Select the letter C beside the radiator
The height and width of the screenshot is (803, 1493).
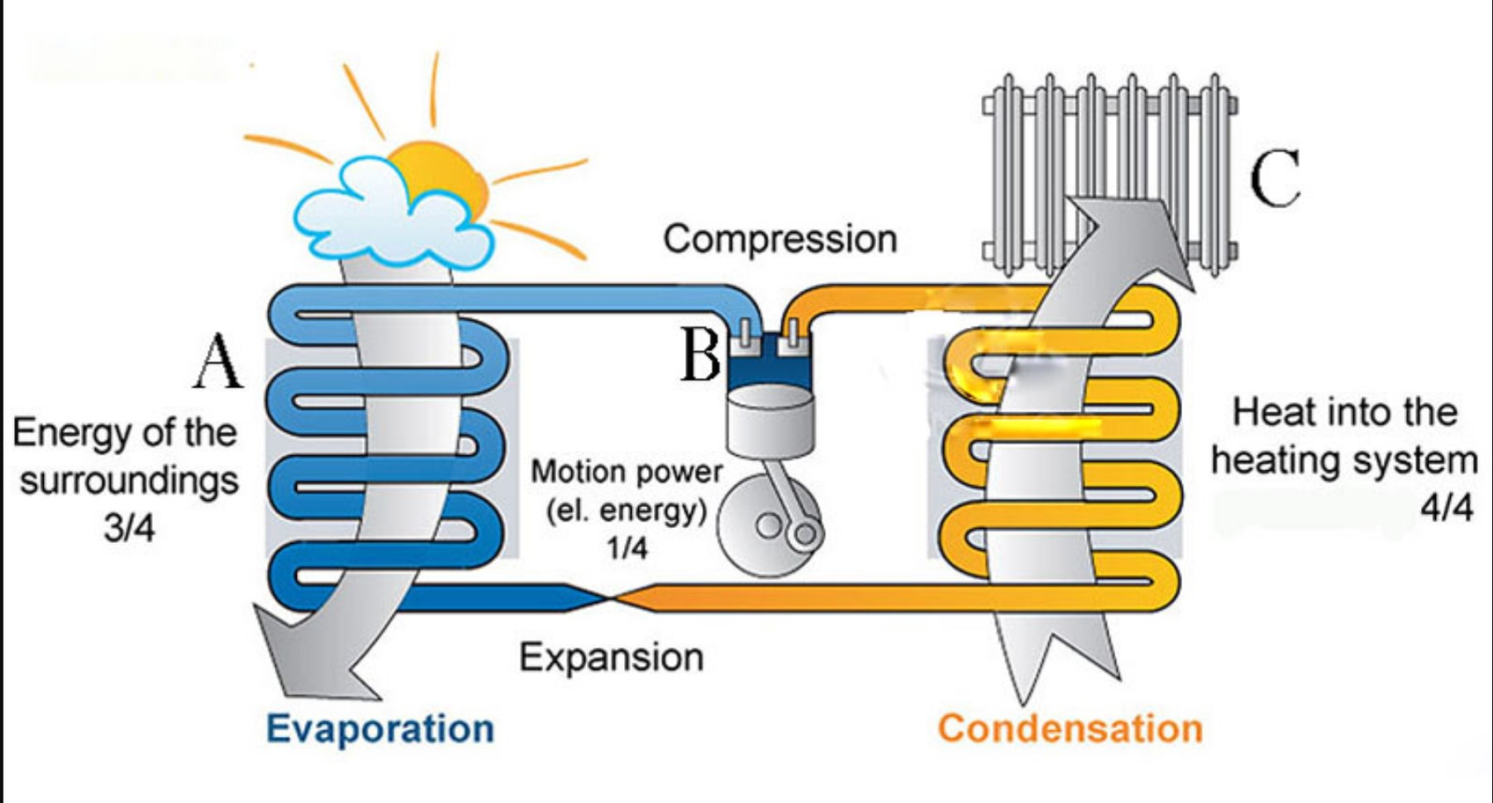tap(1275, 178)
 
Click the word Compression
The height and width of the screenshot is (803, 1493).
tap(780, 240)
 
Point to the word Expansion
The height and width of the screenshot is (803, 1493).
tap(611, 658)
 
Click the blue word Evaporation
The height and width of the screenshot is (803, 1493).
tap(380, 728)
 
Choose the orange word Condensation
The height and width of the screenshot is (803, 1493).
tap(1070, 728)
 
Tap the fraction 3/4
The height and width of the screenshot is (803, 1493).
tap(129, 528)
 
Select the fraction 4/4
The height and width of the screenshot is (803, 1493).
tap(1446, 508)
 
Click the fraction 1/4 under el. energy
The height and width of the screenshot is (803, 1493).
tap(626, 547)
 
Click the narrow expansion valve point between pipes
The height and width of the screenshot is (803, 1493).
tap(611, 597)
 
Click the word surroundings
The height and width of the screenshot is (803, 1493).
tap(129, 481)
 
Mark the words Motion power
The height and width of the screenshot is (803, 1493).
tap(626, 472)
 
